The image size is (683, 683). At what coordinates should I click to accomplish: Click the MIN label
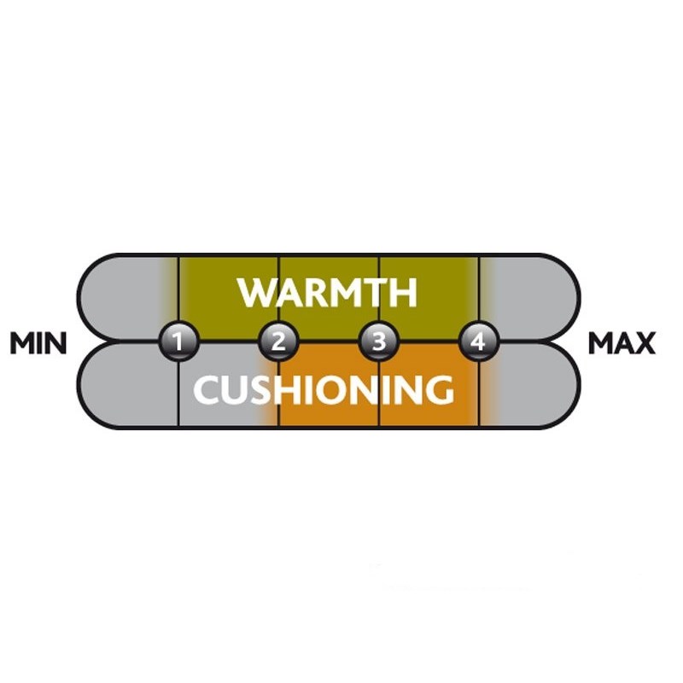tap(38, 343)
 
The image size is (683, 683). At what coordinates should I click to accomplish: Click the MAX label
tap(622, 343)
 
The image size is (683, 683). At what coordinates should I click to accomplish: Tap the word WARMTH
tap(328, 293)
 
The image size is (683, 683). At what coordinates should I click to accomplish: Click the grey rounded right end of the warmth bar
tap(528, 296)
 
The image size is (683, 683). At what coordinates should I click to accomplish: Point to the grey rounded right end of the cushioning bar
tap(528, 385)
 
